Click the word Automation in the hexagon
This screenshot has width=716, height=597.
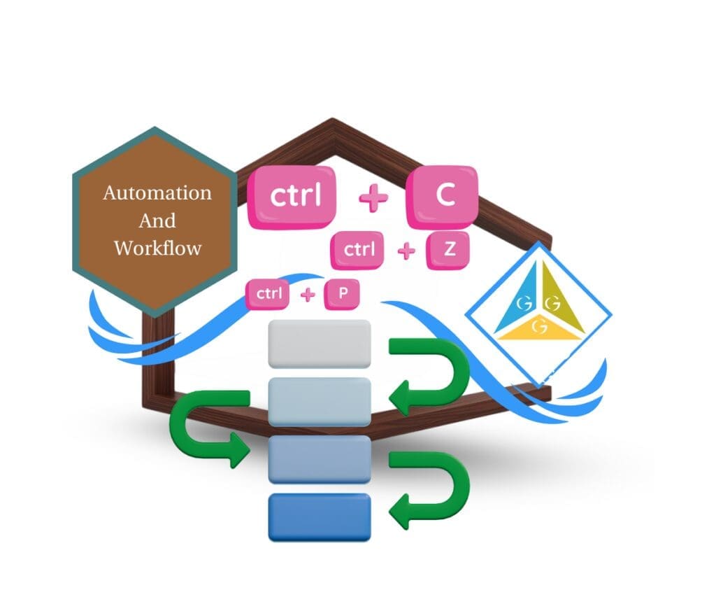tap(157, 192)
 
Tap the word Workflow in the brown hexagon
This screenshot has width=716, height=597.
tap(157, 247)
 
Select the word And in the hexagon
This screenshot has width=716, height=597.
tap(157, 220)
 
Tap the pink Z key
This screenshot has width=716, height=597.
tap(449, 249)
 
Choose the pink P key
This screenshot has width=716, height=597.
tap(343, 294)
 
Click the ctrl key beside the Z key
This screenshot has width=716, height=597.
tap(359, 250)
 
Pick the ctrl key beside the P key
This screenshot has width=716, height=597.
tap(268, 294)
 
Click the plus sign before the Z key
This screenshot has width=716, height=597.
tap(406, 251)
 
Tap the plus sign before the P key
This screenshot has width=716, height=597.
tap(308, 295)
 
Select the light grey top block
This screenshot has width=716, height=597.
tap(320, 344)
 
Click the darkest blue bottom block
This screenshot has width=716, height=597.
tap(320, 517)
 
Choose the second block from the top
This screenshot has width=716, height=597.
tap(320, 402)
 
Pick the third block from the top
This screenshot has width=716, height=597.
tap(320, 459)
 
